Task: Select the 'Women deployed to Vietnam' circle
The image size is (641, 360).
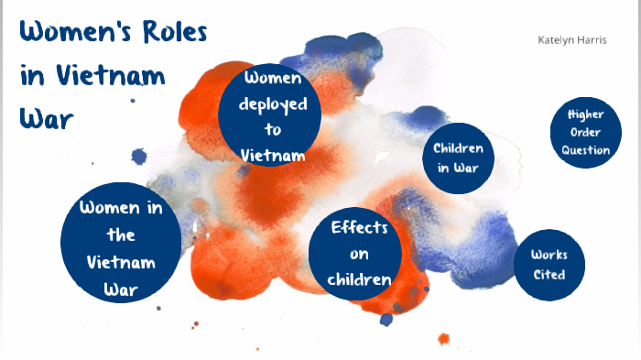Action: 269,115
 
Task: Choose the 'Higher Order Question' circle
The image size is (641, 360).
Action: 586,132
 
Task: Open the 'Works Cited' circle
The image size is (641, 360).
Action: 549,265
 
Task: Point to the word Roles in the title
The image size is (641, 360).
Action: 169,33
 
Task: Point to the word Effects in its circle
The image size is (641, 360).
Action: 360,227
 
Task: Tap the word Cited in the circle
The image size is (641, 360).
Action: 549,275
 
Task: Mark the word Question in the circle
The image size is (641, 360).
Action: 586,150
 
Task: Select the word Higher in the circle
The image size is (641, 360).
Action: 586,115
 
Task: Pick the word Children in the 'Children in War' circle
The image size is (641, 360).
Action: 458,147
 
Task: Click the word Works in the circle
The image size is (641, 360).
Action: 549,255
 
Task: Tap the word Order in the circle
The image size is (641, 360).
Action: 586,132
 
